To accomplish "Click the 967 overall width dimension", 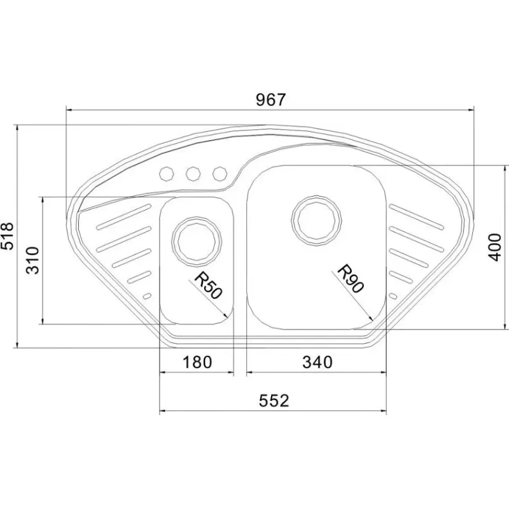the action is coord(270,100).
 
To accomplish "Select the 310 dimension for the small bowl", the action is coord(33,261).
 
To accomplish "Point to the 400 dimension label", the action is coord(495,247).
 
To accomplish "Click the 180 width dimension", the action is coord(197,362).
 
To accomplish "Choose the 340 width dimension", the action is coord(317,362).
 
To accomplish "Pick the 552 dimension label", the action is coord(274,401).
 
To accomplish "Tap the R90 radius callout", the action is coord(351,279).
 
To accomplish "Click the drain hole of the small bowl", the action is coord(197,241).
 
